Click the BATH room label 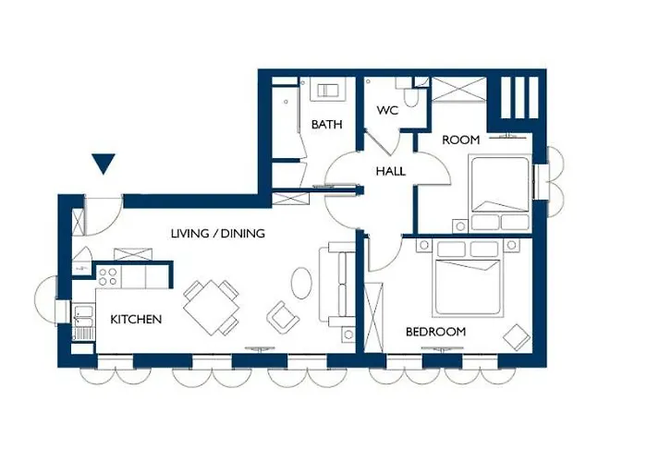tap(327, 124)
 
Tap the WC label tap(387, 111)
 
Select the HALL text tap(391, 171)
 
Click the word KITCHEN tap(136, 320)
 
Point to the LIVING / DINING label tap(218, 234)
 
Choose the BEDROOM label tap(435, 332)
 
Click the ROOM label tap(461, 140)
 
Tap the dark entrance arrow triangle tap(104, 164)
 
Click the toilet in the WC tap(411, 98)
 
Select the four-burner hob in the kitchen tap(108, 276)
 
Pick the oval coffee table tap(301, 283)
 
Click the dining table tap(212, 308)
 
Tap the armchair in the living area tap(283, 318)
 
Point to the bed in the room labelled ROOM tap(500, 193)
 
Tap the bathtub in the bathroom tap(286, 120)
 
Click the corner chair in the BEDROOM tap(517, 337)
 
